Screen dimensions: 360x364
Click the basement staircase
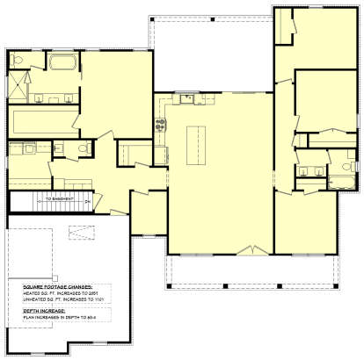[48, 201]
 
